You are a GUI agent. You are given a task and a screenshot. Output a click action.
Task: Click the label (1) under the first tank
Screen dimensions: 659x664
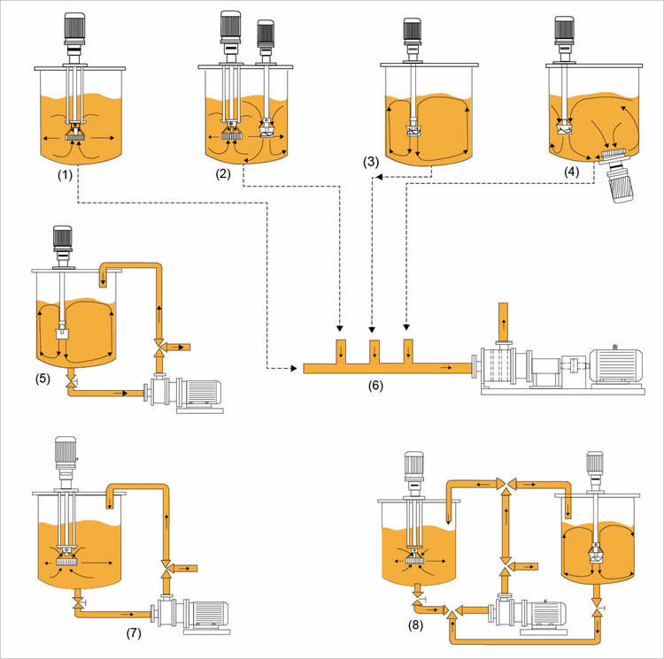coord(65,174)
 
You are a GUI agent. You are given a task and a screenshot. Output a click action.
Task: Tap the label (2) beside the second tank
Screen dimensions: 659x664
coord(223,174)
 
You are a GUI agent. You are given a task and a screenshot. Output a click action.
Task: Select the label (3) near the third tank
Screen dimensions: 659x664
coord(372,162)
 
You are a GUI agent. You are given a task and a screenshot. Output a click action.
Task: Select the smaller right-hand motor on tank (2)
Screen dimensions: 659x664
coord(265,34)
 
